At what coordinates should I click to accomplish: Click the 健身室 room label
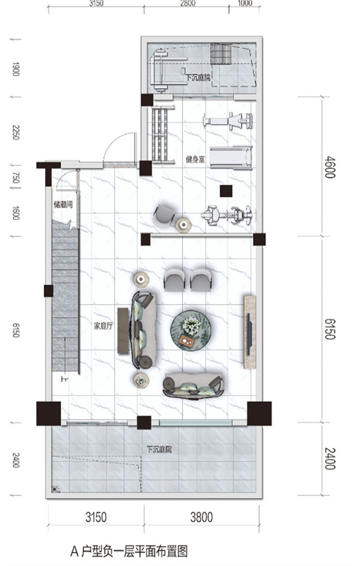coord(195,159)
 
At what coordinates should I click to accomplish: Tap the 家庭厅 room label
coord(103,327)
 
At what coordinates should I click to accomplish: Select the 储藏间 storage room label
coord(63,205)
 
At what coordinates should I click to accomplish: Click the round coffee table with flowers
coord(191,330)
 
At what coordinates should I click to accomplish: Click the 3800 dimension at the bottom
coord(201,518)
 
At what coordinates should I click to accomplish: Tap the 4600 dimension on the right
coord(330,167)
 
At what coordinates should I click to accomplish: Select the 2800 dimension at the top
coord(188,3)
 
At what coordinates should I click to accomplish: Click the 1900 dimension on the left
coord(16,69)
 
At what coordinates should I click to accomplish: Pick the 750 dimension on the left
coord(16,178)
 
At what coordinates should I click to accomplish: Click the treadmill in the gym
coord(231,157)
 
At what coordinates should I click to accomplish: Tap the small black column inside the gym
coord(226,191)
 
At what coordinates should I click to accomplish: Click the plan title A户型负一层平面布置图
coord(129,551)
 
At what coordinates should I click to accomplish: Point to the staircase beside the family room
coord(65,296)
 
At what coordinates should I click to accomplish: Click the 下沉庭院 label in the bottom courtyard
coord(159,450)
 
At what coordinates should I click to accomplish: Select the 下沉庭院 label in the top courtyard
coord(198,77)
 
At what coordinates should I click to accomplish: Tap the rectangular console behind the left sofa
coord(123,330)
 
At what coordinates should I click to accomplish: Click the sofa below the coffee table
coord(193,386)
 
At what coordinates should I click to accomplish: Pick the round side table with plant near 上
coord(141,381)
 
